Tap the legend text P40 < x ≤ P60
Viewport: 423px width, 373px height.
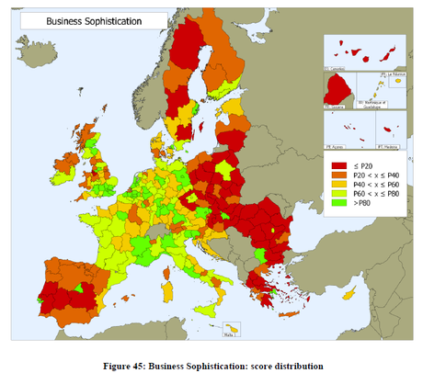(376, 187)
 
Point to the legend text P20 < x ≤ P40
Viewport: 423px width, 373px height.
(376, 176)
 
